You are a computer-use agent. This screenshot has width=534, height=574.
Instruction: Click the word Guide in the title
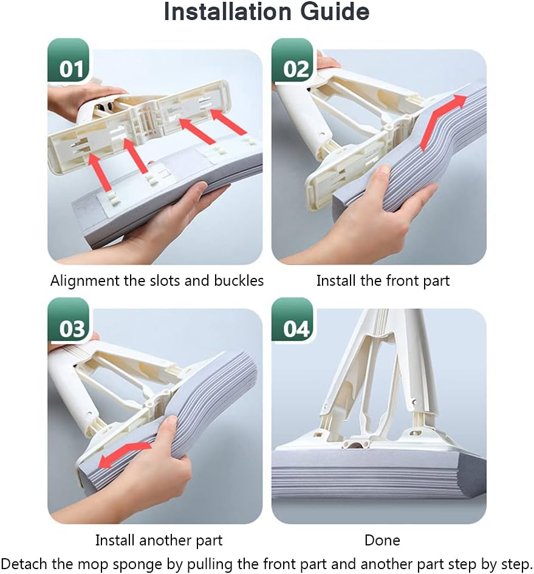pyautogui.click(x=335, y=12)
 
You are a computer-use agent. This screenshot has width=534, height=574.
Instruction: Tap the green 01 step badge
pyautogui.click(x=69, y=61)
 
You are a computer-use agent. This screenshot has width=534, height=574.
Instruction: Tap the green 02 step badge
pyautogui.click(x=293, y=61)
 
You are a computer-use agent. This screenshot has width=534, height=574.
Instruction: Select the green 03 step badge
pyautogui.click(x=69, y=320)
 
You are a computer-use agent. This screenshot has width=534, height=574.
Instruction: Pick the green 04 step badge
pyautogui.click(x=293, y=320)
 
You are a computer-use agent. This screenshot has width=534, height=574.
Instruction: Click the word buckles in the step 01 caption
pyautogui.click(x=239, y=281)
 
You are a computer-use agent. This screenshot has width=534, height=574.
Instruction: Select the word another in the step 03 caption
pyautogui.click(x=166, y=541)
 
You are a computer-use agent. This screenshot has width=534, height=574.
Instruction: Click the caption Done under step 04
pyautogui.click(x=382, y=541)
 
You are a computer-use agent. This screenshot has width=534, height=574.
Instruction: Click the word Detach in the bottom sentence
pyautogui.click(x=24, y=564)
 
